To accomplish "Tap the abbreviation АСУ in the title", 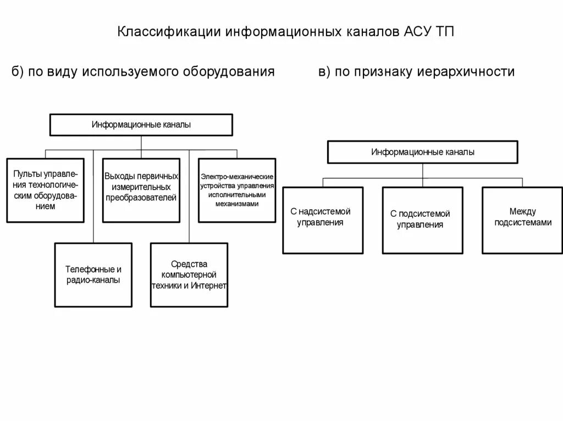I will (x=416, y=31).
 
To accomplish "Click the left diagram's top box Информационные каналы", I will (x=141, y=125).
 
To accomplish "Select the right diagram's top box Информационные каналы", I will (x=422, y=152).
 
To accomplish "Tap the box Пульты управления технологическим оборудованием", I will (x=46, y=190).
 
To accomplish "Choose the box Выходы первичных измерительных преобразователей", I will (x=141, y=190).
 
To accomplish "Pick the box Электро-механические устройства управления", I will (x=237, y=190).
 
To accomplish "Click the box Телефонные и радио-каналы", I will (x=93, y=275).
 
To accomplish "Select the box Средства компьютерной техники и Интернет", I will (x=189, y=275).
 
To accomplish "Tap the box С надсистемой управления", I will (x=323, y=220).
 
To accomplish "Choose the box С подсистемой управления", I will (x=422, y=220).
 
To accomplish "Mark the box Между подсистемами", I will (x=522, y=220).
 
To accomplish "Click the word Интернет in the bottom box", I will (x=209, y=286).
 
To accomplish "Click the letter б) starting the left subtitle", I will (x=18, y=72).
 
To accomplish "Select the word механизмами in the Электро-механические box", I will (x=237, y=203).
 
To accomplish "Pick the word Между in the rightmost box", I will (x=522, y=211).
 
